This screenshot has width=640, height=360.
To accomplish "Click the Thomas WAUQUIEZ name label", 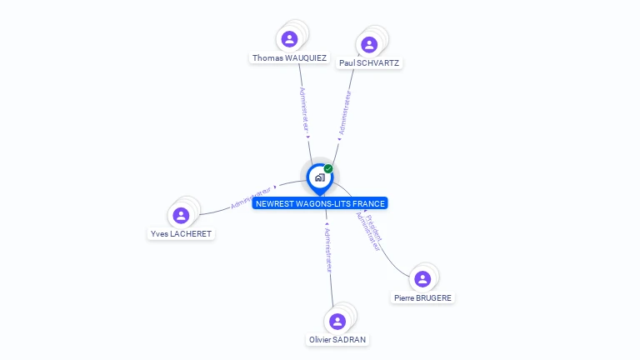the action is [x=289, y=58].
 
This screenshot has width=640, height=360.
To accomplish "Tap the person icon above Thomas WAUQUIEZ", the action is [x=289, y=38].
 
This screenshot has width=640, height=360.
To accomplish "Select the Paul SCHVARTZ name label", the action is [x=369, y=62].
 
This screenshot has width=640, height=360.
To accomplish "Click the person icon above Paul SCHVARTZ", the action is [x=369, y=43].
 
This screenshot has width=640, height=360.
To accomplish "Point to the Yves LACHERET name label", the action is [x=181, y=234].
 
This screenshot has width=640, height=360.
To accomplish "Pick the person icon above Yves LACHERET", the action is [x=181, y=215].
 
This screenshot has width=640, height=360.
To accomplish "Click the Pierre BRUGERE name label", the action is [x=423, y=297].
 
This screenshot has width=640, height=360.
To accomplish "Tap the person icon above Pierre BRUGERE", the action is [x=422, y=278].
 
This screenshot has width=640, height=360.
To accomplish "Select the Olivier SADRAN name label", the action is [x=337, y=340].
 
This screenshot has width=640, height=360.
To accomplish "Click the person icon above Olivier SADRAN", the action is [x=337, y=321].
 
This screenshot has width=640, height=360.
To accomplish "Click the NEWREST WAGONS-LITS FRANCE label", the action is [x=320, y=203].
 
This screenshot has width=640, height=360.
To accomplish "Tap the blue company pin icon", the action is [x=319, y=177].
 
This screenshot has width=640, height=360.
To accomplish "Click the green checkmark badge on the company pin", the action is [x=328, y=169].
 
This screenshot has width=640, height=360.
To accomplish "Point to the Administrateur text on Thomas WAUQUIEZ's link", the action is [x=304, y=108].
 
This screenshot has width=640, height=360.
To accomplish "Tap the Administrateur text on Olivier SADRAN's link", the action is [x=327, y=249].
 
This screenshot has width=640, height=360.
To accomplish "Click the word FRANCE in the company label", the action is [x=368, y=203].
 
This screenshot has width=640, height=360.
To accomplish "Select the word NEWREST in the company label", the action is [x=274, y=203].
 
